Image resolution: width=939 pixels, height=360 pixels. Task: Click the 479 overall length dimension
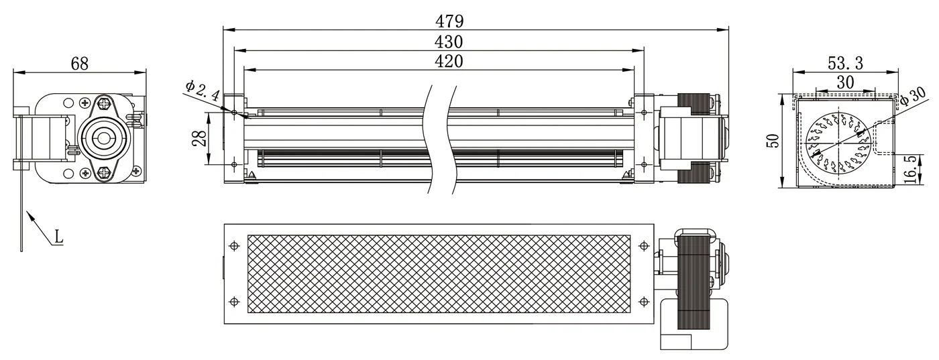click(449, 21)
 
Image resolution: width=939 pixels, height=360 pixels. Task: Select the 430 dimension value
click(449, 42)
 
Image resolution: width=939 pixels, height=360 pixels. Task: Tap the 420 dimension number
click(449, 61)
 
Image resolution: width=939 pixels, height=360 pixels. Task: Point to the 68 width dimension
click(80, 63)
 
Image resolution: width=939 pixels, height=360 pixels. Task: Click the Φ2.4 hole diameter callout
click(203, 91)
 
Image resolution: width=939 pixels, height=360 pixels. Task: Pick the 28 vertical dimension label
click(199, 138)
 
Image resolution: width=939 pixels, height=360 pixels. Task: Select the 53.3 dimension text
click(845, 63)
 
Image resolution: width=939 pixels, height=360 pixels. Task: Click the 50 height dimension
click(773, 140)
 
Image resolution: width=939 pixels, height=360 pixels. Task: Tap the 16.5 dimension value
click(909, 170)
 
